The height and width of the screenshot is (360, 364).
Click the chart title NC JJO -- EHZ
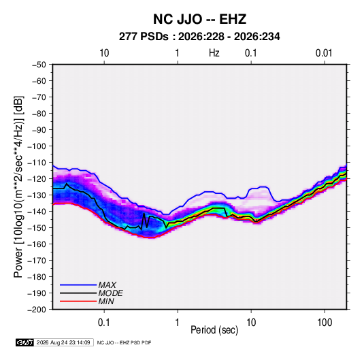[199, 19]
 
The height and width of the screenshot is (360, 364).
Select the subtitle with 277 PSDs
[199, 37]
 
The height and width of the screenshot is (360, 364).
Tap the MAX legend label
[107, 285]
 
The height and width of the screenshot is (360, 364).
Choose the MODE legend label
[110, 293]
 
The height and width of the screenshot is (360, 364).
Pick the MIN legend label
[106, 301]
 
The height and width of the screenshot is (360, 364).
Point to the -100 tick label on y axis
[37, 146]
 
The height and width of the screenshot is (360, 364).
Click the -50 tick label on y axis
[39, 65]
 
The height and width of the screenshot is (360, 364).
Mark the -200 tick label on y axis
[37, 310]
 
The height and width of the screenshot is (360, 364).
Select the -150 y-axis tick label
[37, 228]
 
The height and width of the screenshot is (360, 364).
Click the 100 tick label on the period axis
[325, 323]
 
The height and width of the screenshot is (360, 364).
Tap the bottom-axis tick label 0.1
[104, 323]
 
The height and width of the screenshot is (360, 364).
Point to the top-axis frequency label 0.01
[324, 53]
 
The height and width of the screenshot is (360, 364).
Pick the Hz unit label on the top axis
[214, 53]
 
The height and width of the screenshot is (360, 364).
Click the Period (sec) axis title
[214, 330]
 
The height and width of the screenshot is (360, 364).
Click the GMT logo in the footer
[24, 342]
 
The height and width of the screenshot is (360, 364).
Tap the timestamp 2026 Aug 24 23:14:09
[63, 342]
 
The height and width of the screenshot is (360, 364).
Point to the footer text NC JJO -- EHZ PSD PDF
[124, 342]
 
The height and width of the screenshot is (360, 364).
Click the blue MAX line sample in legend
[78, 285]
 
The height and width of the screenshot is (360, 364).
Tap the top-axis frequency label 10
[104, 53]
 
